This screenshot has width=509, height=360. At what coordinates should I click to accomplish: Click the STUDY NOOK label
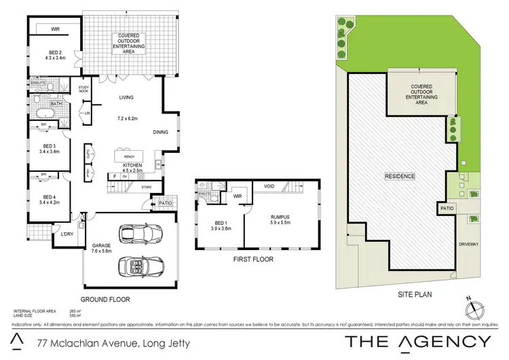(84, 89)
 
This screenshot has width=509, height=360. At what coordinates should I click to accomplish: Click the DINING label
(160, 132)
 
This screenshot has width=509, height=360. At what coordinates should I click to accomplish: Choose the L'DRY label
(67, 234)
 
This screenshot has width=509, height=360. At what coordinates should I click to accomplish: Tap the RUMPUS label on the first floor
(280, 218)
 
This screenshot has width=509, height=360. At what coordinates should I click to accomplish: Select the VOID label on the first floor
(269, 185)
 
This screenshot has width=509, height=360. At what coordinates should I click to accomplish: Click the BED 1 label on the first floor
(221, 225)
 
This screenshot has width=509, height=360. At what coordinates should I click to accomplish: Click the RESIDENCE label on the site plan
(400, 176)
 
